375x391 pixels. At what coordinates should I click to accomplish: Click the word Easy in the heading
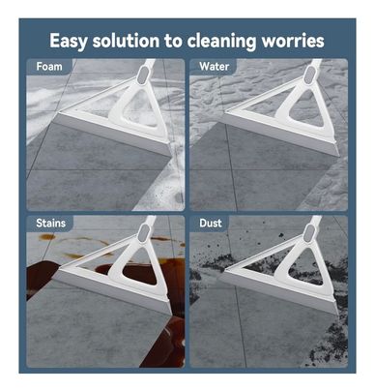(69, 42)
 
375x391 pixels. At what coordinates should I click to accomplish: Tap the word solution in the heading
(126, 41)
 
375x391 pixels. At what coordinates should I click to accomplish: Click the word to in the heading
(173, 42)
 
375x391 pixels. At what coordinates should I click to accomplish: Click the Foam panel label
(49, 67)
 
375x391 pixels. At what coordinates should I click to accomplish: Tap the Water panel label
(214, 67)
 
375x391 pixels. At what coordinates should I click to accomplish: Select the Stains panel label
(50, 223)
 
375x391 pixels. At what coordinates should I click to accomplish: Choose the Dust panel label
(211, 223)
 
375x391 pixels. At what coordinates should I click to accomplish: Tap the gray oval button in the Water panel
(309, 75)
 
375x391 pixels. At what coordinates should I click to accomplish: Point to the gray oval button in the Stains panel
(144, 233)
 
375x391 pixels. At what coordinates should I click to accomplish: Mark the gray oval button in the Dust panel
(309, 233)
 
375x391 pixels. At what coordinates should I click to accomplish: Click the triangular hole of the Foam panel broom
(139, 107)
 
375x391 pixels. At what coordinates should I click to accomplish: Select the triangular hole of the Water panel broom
(306, 107)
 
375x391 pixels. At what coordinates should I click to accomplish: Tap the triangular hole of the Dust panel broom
(306, 266)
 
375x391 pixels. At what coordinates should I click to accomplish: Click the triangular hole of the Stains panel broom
(140, 266)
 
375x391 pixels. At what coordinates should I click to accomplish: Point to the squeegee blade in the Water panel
(279, 135)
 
